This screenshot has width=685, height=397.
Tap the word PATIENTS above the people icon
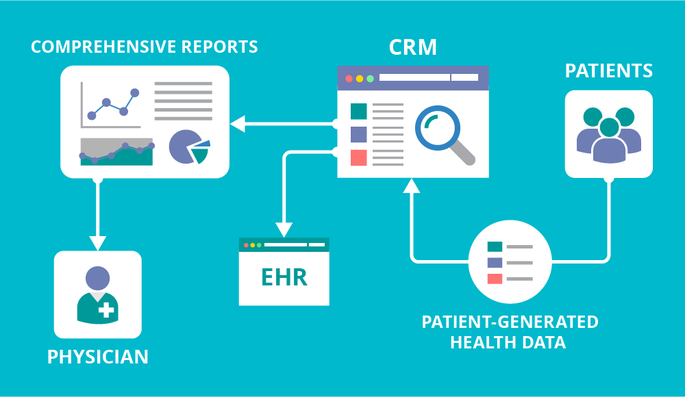(x=608, y=71)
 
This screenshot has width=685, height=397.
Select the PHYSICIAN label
(x=97, y=357)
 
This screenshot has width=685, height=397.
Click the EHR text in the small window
(x=284, y=277)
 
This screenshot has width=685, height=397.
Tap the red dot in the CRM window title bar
(x=349, y=78)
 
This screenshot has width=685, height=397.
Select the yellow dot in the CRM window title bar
(x=360, y=78)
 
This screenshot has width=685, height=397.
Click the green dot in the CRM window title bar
(x=370, y=78)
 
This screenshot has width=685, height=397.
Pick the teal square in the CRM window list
(x=358, y=111)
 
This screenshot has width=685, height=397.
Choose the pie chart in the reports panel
(x=186, y=146)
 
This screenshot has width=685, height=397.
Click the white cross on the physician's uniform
(x=106, y=310)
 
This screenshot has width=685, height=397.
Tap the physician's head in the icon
(x=97, y=278)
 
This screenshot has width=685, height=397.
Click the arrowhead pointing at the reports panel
(x=238, y=124)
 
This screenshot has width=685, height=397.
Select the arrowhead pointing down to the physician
(x=98, y=242)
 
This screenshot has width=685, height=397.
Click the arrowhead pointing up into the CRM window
(x=410, y=185)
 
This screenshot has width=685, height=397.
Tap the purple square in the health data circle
(x=495, y=262)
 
